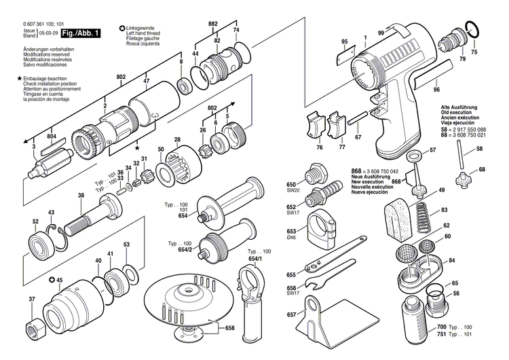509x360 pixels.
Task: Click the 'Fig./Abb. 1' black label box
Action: [81, 33]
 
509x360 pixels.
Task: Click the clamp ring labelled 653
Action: [324, 230]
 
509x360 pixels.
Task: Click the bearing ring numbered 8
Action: [183, 86]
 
